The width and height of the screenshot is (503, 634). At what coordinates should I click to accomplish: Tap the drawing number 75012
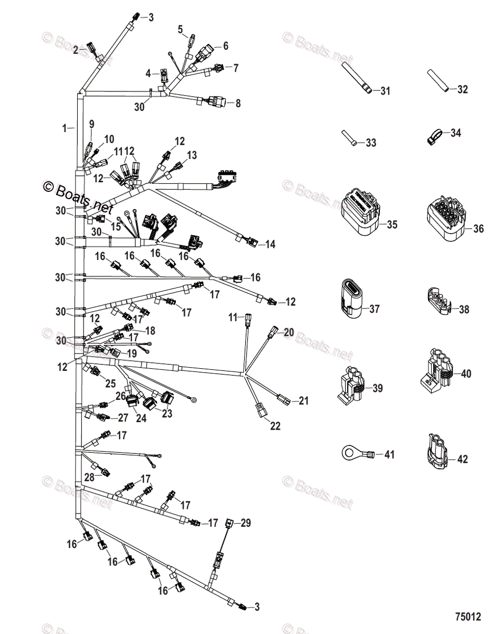(x=468, y=617)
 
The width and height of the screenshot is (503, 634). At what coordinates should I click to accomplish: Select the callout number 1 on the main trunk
(x=64, y=128)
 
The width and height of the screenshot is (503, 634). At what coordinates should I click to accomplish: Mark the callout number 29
(x=246, y=523)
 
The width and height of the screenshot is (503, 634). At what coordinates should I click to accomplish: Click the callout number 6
(x=226, y=46)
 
